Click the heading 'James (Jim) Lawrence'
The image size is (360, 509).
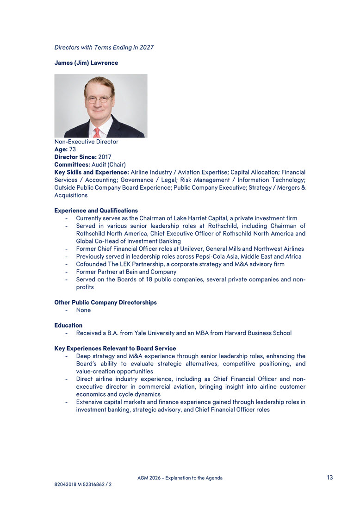[86, 62]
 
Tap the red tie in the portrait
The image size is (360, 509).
[97, 133]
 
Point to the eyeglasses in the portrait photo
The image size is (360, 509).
[98, 99]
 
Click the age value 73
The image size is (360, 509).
[73, 149]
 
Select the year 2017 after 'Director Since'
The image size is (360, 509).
[105, 157]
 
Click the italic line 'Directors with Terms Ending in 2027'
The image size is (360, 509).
[104, 47]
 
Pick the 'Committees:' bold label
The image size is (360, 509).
[72, 164]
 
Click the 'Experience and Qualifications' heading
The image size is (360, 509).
[96, 211]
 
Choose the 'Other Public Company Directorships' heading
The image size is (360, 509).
[106, 302]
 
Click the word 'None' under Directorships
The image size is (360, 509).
[83, 310]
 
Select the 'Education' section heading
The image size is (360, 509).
[68, 325]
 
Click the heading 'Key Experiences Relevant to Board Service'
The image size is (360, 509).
[115, 348]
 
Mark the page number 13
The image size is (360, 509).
[329, 478]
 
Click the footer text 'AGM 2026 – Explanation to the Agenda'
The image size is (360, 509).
[180, 478]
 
